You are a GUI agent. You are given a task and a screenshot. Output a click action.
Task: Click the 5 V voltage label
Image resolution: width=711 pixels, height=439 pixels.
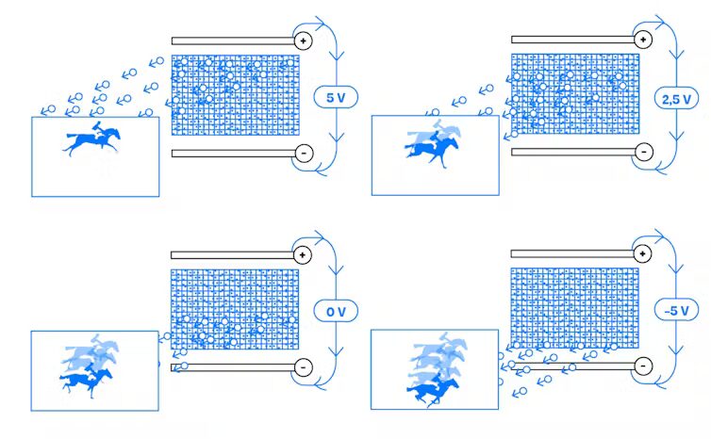pos(336,97)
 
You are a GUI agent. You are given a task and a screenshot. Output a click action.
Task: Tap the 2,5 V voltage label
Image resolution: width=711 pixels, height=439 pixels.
pos(676,99)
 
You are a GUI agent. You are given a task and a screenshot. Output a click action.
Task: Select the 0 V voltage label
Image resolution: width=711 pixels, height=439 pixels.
pos(336,311)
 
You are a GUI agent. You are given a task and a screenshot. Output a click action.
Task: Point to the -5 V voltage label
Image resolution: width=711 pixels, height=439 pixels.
pos(676,310)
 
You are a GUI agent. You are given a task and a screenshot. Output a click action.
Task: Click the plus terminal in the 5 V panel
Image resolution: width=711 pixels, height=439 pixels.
pos(303,41)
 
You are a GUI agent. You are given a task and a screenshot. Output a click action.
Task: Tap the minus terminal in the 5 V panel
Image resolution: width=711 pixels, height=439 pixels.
pos(304,154)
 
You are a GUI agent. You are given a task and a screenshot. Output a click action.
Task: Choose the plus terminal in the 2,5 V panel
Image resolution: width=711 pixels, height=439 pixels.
pos(643,40)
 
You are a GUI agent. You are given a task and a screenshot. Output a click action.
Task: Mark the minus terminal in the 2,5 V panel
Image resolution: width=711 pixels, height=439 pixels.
pos(644,152)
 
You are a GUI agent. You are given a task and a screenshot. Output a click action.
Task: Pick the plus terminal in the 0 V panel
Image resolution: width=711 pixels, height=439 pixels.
pos(303,255)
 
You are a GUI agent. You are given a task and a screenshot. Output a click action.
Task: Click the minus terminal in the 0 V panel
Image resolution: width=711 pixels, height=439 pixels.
pos(303,367)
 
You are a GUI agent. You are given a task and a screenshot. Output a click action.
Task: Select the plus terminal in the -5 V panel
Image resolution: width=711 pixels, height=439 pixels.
pos(642,253)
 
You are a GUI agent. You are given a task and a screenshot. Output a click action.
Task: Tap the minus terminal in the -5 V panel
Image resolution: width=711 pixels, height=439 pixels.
pos(643,366)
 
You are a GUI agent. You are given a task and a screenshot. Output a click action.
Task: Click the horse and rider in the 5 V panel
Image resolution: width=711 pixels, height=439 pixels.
pos(93,138)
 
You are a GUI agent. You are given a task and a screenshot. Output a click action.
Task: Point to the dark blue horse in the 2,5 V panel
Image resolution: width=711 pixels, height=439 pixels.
pos(432,151)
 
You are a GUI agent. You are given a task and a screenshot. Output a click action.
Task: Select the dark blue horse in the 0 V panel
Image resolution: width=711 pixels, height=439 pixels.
pos(86,381)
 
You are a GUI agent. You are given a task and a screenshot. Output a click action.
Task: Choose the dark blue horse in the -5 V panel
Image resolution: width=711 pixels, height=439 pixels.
pos(433,390)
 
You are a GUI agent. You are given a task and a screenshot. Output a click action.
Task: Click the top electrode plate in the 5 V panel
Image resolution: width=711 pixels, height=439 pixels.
pos(233,41)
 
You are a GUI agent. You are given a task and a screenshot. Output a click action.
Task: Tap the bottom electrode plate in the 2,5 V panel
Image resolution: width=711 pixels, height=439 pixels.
pos(573,153)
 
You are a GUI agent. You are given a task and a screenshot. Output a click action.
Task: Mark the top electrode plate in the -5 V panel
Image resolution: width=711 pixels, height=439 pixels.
pos(572,254)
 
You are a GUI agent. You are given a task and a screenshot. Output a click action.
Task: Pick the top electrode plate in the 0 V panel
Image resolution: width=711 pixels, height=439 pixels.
pos(232,255)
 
